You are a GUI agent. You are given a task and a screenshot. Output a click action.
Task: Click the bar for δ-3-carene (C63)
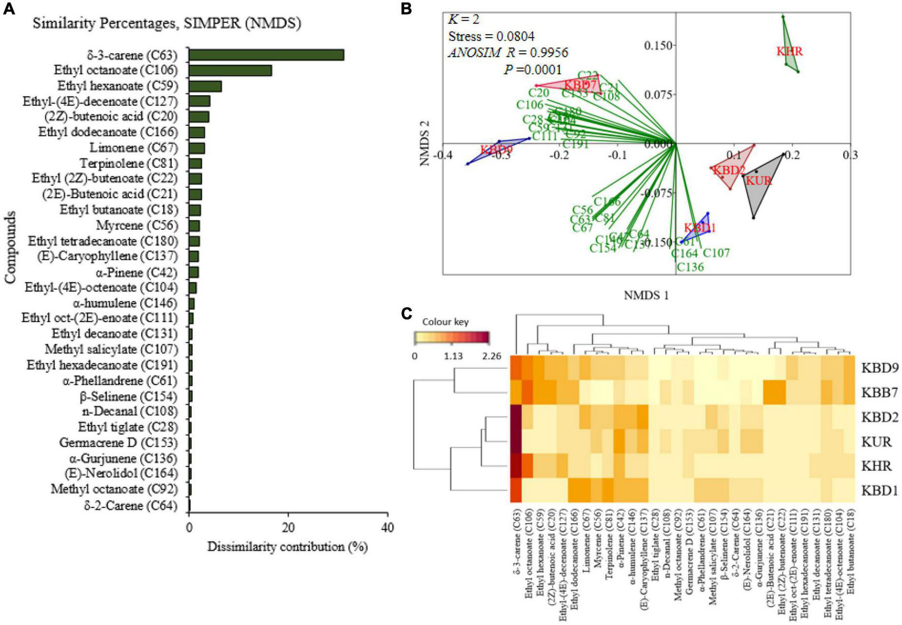coord(266,55)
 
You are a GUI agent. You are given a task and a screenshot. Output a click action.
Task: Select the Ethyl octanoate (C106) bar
coord(230,70)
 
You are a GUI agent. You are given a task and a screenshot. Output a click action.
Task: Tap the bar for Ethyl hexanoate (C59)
coord(205,86)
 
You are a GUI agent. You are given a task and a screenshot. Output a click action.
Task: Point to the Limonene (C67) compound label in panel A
coord(134,148)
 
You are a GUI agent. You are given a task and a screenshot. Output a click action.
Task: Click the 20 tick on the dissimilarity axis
coord(288,528)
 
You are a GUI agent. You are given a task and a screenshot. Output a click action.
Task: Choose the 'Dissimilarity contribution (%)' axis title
coord(287,547)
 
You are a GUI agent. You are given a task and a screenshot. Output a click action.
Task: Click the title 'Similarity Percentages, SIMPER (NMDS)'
coord(167,23)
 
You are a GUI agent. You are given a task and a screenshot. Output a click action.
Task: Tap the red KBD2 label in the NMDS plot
coord(729,170)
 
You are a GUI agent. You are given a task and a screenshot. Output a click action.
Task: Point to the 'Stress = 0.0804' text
coord(491,36)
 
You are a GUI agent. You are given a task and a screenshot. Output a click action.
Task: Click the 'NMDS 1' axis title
coord(646,295)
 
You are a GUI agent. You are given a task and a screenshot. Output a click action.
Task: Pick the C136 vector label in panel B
coord(690,267)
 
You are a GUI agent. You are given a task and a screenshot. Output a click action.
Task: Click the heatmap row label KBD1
coord(880,491)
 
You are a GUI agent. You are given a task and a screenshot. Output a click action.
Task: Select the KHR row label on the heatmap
coord(876,466)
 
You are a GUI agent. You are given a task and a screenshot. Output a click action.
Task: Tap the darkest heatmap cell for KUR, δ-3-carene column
coord(516,442)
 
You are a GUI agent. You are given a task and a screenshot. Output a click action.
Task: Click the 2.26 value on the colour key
coord(491,356)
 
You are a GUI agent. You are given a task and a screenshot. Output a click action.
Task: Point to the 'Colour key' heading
coord(445,322)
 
